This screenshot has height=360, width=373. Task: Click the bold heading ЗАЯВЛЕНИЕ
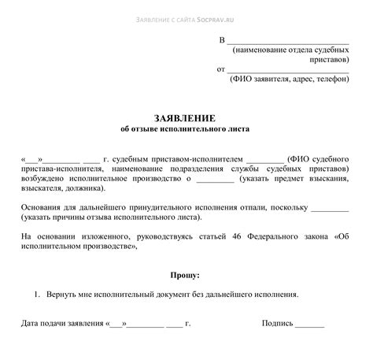click(186, 115)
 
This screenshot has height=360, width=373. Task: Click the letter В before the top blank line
click(222, 39)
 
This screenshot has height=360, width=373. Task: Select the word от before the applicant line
click(221, 69)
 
